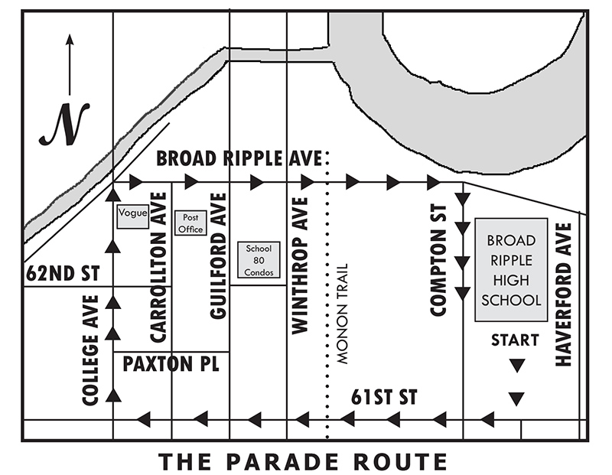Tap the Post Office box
tap(190, 223)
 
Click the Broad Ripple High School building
tap(511, 270)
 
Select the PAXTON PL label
tap(171, 364)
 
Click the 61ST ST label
tap(384, 398)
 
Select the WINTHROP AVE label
tap(300, 265)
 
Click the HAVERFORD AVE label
tap(564, 294)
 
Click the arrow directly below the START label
tap(517, 366)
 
